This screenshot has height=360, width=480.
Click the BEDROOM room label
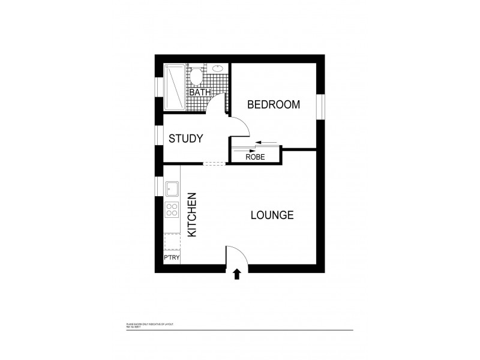[274, 104]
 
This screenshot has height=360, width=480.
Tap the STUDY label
[185, 139]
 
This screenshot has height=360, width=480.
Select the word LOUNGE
[272, 215]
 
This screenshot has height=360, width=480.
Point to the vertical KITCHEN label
[192, 215]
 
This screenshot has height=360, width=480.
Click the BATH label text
[199, 93]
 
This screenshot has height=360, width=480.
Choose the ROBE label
[255, 157]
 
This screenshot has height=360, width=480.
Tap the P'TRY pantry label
[172, 258]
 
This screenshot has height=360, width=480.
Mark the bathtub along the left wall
[175, 86]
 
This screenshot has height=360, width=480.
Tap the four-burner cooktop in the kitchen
[172, 210]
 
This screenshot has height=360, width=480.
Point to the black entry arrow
[236, 274]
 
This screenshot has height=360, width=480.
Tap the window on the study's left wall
[159, 139]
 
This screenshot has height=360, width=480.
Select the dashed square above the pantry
[172, 241]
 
